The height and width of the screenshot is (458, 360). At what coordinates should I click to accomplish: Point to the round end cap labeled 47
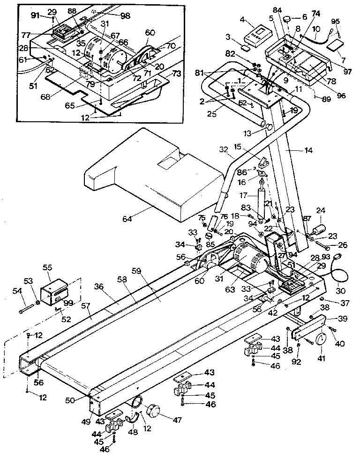(x=153, y=413)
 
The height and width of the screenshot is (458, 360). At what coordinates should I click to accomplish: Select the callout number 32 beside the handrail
(x=223, y=150)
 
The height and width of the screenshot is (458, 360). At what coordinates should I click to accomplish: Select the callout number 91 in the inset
(x=36, y=15)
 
